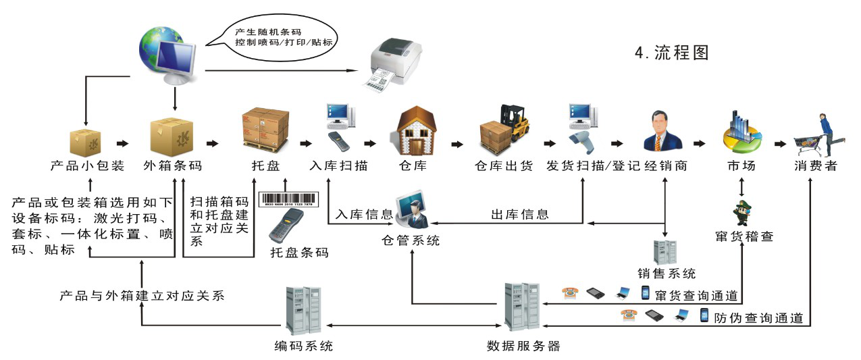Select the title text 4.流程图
click(x=671, y=53)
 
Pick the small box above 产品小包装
click(x=85, y=141)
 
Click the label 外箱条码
click(x=172, y=165)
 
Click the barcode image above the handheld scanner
click(x=291, y=201)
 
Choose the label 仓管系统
click(x=411, y=239)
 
